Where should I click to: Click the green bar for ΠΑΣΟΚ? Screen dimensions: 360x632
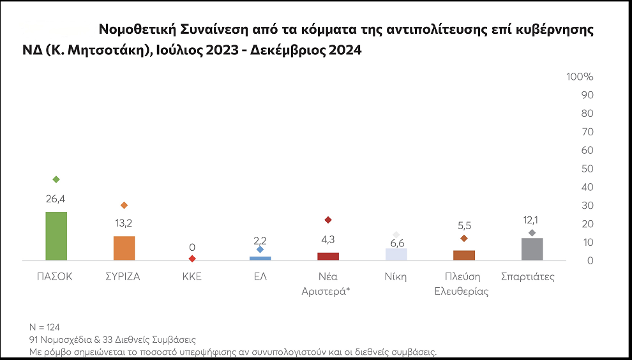(x=56, y=236)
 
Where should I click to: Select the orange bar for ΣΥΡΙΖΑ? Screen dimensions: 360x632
(x=124, y=248)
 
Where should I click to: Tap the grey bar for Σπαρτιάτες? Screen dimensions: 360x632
(x=532, y=249)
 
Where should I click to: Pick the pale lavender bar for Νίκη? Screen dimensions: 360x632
(x=396, y=254)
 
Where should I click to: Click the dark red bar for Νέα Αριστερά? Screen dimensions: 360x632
(x=328, y=256)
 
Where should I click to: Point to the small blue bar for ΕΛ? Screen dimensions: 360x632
(x=260, y=258)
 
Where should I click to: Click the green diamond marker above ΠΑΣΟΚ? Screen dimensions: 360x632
(x=56, y=179)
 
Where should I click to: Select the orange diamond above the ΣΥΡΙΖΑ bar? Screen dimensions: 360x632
(x=124, y=206)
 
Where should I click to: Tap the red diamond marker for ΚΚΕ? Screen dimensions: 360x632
(x=192, y=259)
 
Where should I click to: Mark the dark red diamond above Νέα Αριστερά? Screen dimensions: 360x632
(x=328, y=220)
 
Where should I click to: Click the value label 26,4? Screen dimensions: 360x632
(x=56, y=199)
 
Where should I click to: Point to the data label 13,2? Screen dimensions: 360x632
(x=124, y=223)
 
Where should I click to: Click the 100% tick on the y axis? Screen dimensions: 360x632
(x=580, y=77)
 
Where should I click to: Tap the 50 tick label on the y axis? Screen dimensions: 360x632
(x=587, y=169)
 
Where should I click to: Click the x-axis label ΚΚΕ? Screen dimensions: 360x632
(x=192, y=277)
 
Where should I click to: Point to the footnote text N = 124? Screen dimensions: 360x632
(x=45, y=327)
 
